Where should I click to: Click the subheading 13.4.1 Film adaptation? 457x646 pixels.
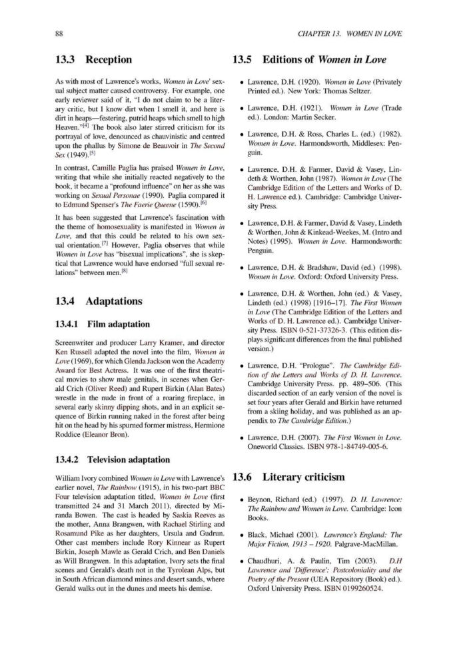(93, 325)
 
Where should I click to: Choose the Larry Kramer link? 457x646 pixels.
(143, 343)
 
